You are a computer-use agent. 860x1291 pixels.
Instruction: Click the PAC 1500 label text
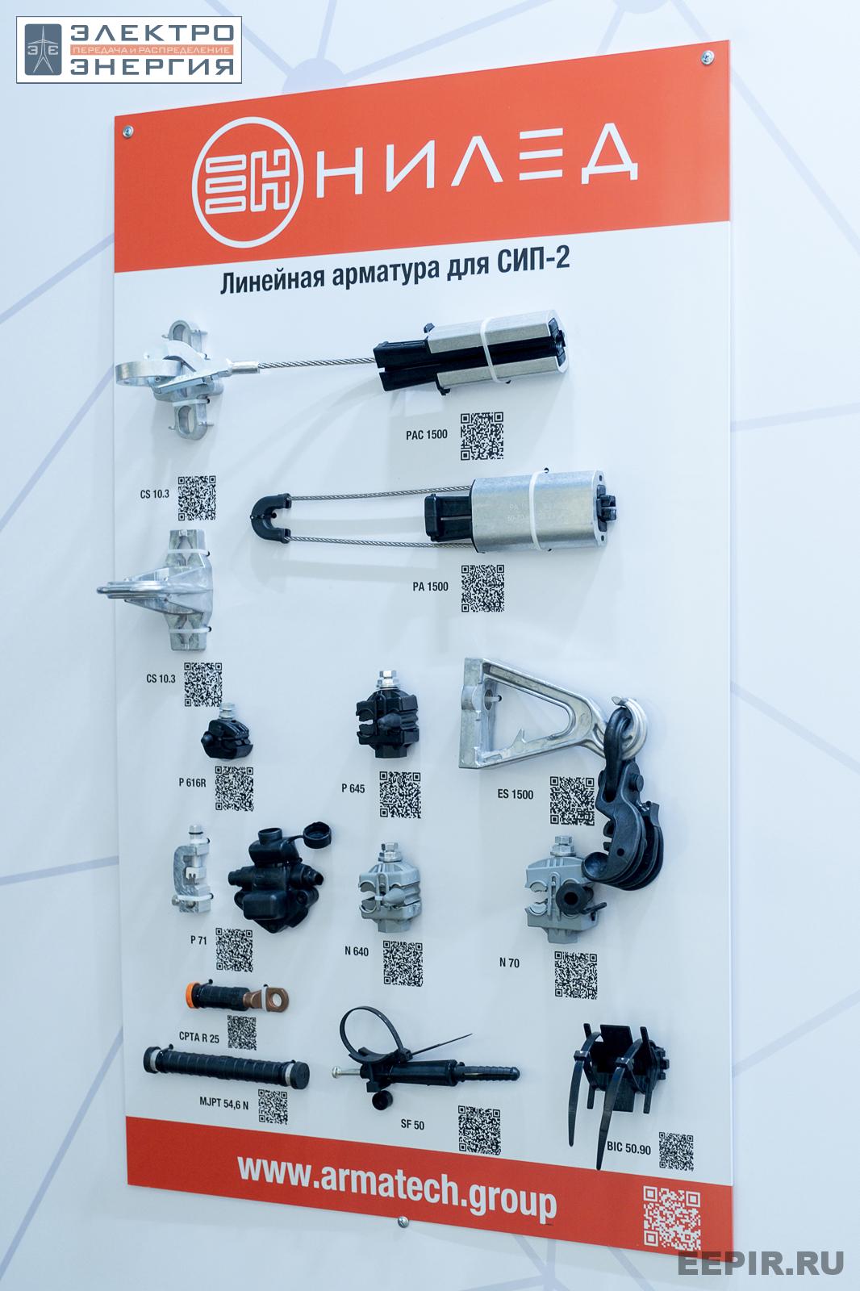point(426,435)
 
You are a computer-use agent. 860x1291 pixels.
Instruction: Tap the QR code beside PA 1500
point(482,588)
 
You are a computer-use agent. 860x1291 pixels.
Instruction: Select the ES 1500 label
point(516,794)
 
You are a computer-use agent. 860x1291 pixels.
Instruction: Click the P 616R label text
point(192,782)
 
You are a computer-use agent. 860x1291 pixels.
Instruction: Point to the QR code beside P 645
point(400,795)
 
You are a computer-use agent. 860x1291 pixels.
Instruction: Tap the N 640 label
point(357,951)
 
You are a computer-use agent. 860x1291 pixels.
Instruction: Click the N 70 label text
point(509,962)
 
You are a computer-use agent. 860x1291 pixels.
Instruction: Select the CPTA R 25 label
point(198,1037)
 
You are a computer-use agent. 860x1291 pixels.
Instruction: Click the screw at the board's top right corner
point(708,56)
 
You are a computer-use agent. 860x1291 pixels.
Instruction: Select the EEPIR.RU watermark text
point(761,1263)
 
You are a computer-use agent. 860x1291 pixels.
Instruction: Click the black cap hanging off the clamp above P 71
point(316,835)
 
